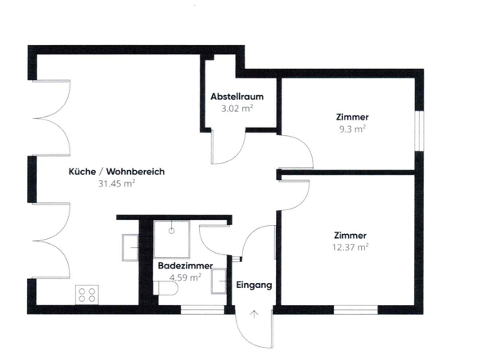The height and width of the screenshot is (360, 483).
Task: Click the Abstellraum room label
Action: (236, 94)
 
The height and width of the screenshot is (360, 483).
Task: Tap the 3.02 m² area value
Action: (236, 106)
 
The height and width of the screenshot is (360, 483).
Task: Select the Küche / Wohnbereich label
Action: (118, 172)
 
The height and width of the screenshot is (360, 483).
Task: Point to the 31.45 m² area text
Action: (116, 184)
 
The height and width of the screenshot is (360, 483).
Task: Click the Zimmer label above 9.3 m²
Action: (351, 117)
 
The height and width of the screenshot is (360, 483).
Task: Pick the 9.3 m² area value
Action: (351, 129)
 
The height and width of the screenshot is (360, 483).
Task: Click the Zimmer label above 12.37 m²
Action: (350, 235)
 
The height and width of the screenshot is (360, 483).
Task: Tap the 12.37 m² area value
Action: (350, 246)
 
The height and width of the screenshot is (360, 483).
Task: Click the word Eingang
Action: (253, 286)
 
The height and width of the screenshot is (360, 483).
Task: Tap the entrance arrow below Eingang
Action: (254, 315)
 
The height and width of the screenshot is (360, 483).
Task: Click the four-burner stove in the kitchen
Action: (87, 293)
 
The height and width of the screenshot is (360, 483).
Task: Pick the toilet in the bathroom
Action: (219, 281)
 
